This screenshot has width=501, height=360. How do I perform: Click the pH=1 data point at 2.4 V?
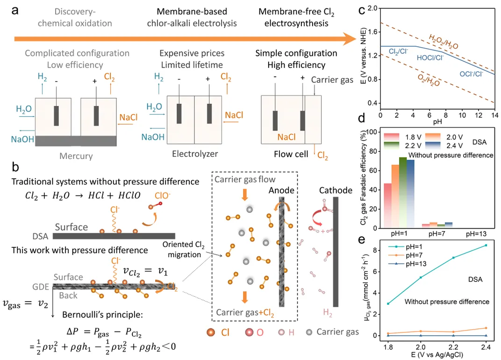pyautogui.click(x=486, y=245)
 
